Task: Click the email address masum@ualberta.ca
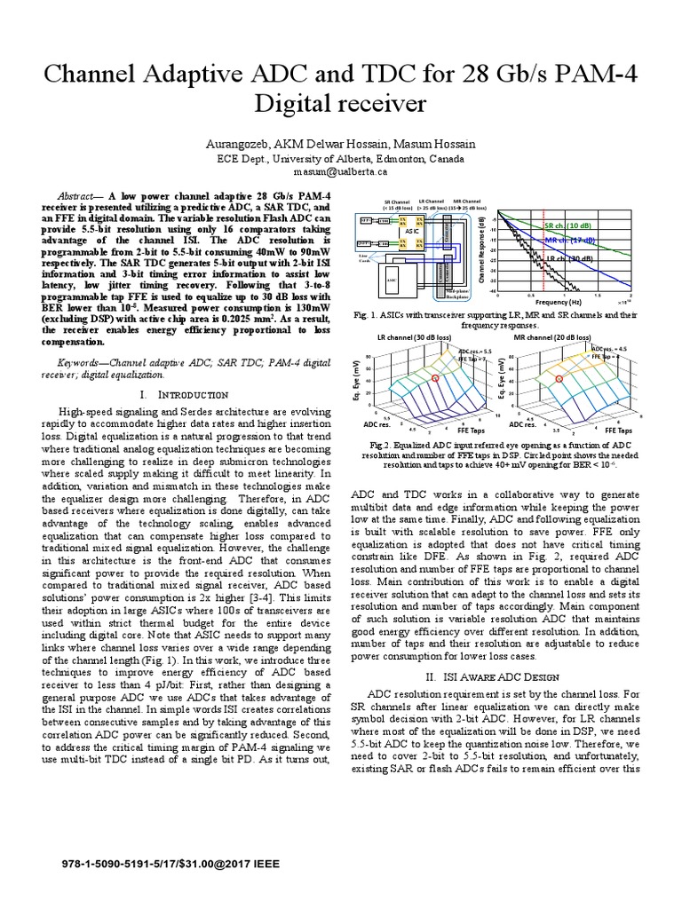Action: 341,171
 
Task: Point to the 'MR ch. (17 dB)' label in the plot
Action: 568,241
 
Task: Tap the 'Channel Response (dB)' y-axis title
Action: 480,251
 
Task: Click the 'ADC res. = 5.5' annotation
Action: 475,352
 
